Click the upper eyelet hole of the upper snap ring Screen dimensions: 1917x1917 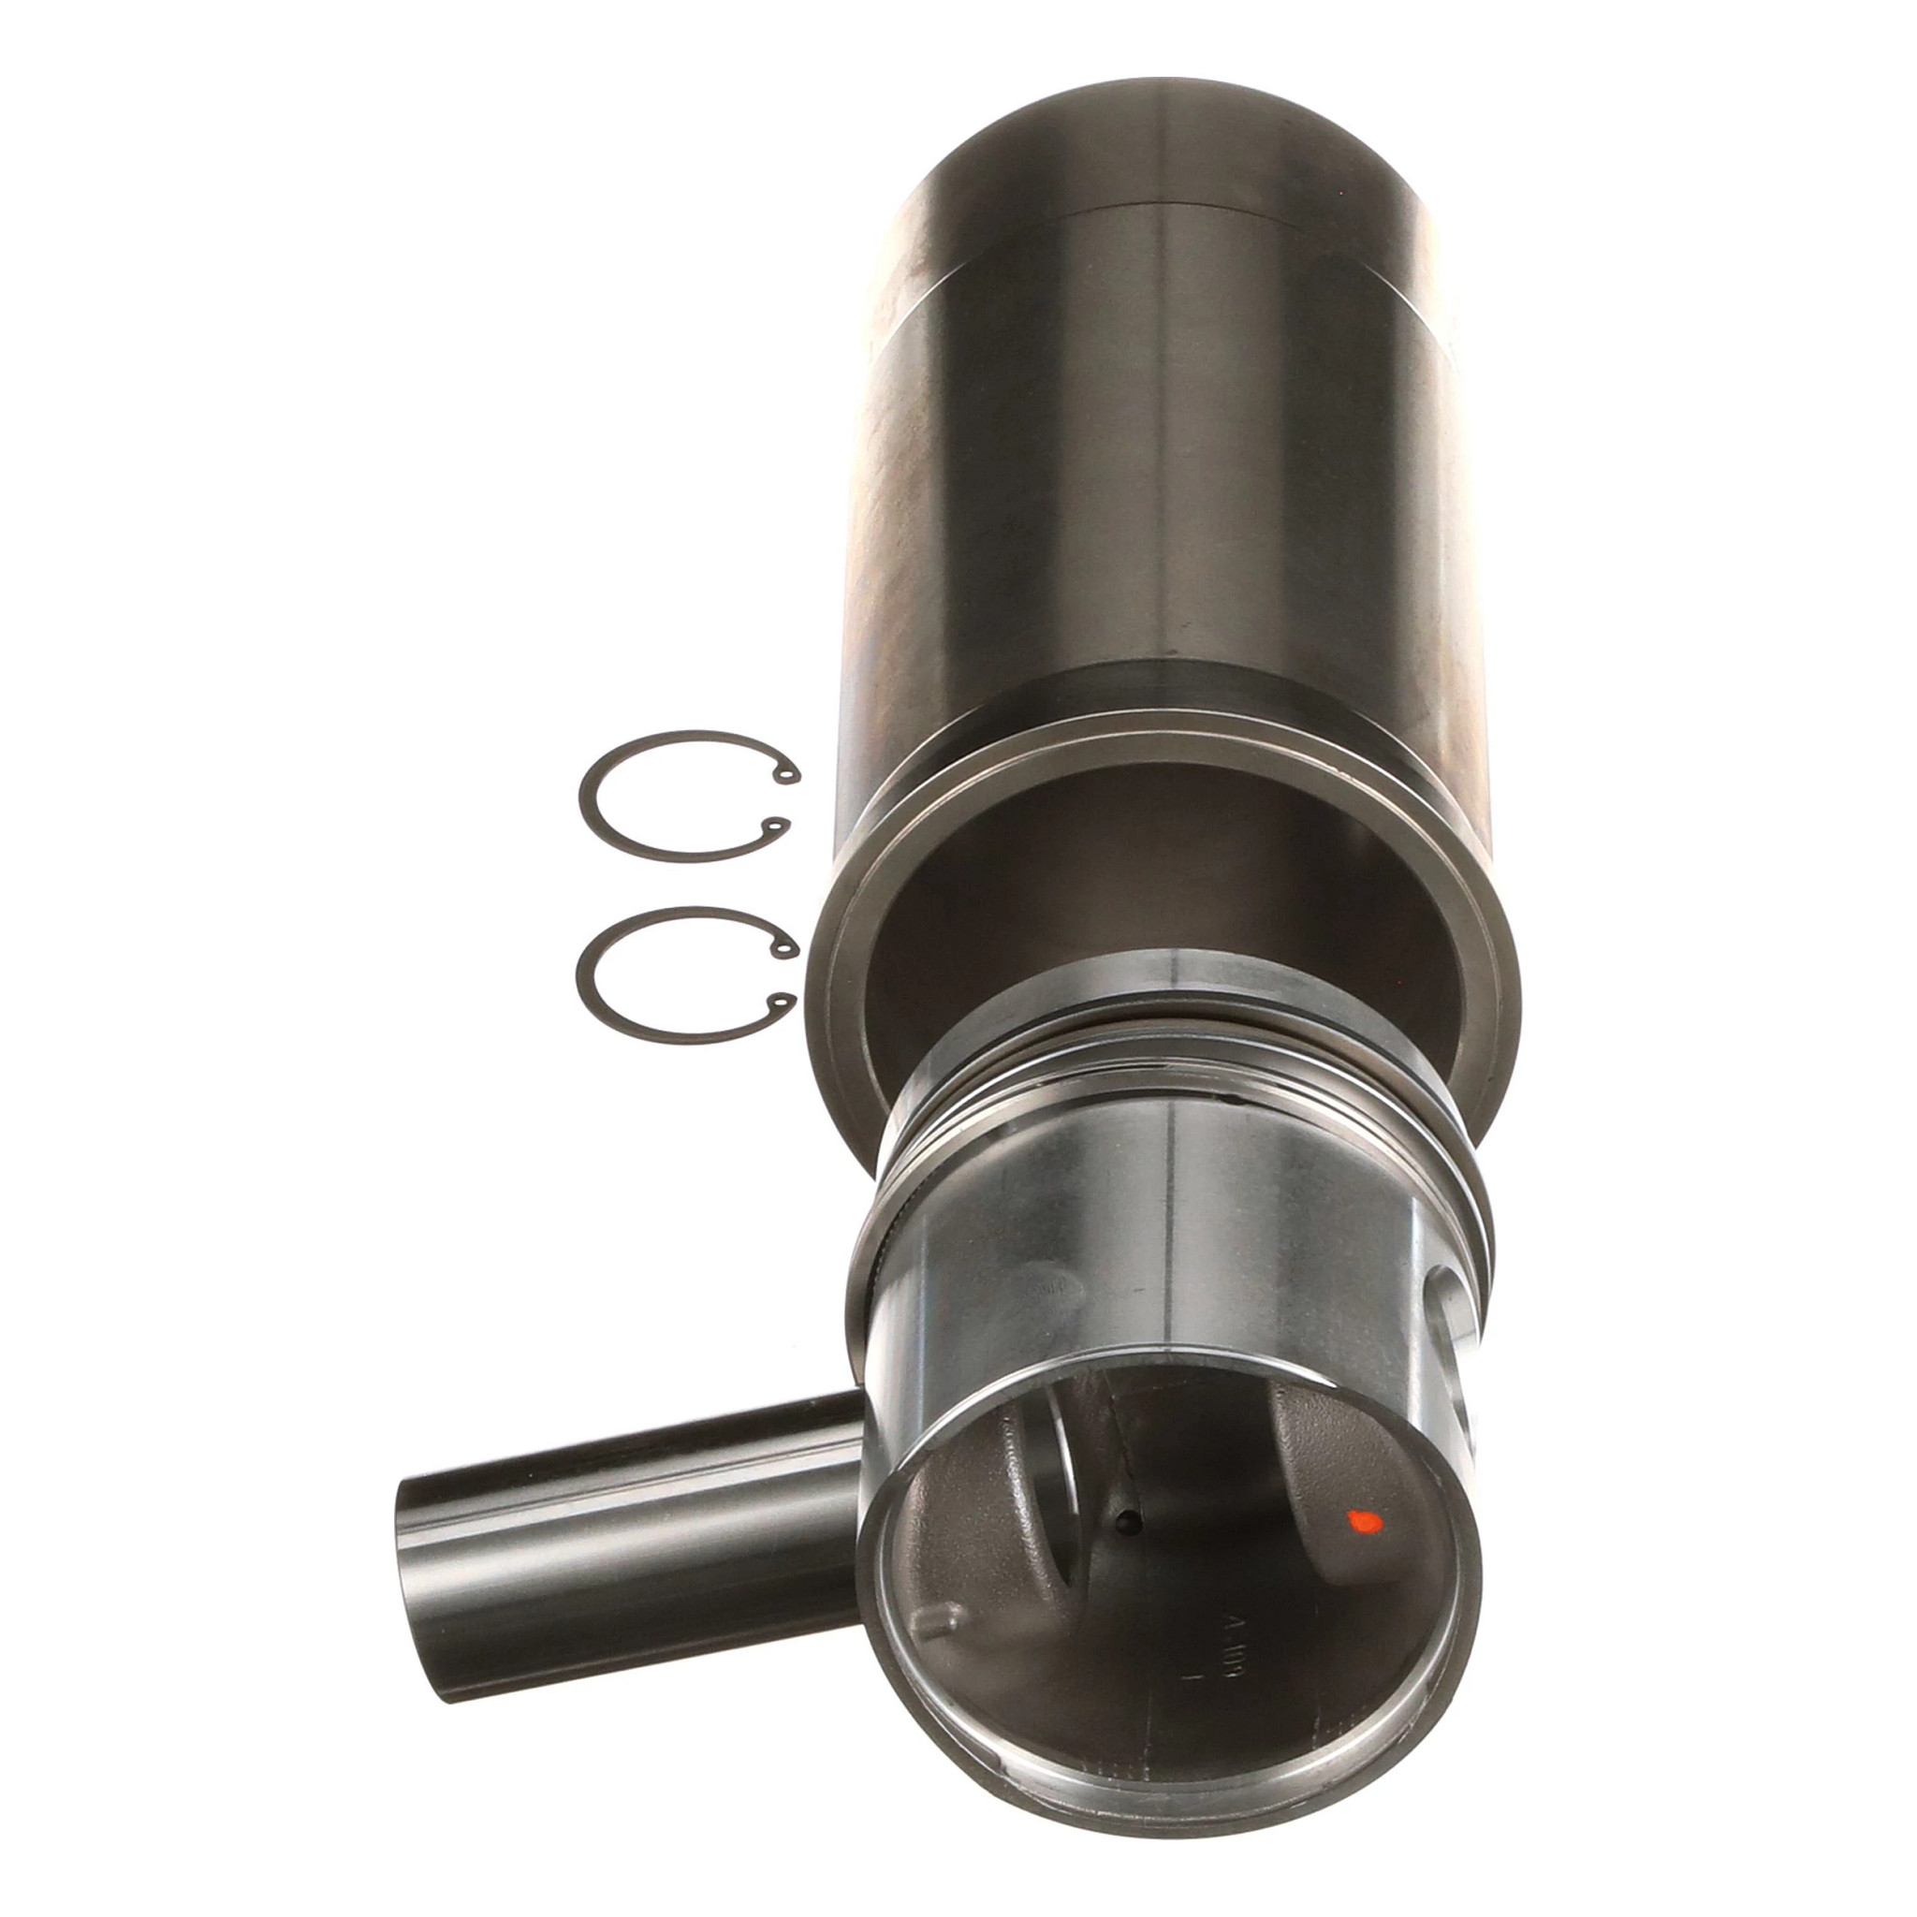tap(790, 775)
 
